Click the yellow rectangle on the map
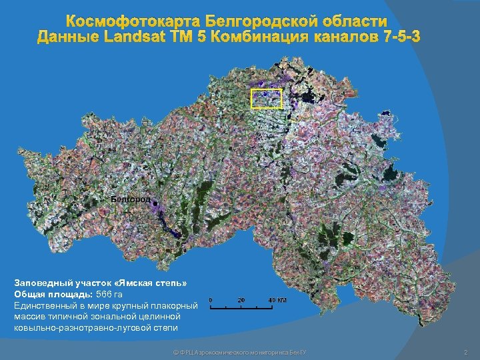(x=266, y=99)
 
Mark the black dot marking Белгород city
(x=155, y=202)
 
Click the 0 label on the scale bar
(x=211, y=300)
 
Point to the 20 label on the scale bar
(x=241, y=300)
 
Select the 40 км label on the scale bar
(x=277, y=300)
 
